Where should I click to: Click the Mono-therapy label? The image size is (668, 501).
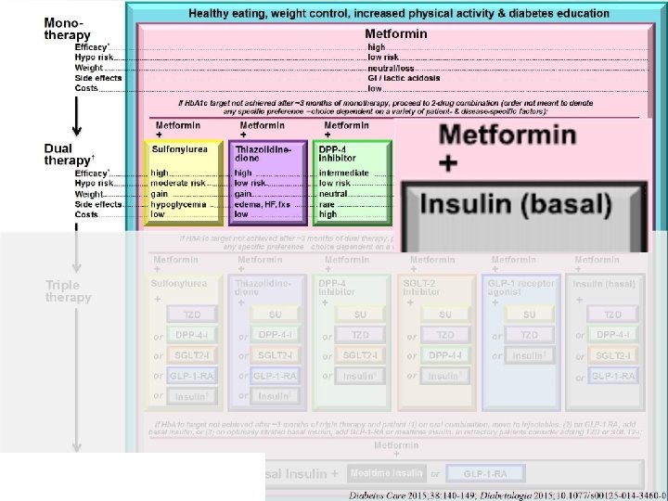tap(68, 29)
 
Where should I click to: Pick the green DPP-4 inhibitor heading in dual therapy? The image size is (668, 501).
tap(341, 152)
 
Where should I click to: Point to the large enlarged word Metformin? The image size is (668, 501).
tap(507, 135)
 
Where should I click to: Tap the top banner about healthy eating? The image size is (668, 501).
tap(399, 14)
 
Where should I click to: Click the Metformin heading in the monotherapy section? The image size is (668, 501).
tap(396, 34)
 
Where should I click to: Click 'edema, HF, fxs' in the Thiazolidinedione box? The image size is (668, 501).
tap(263, 203)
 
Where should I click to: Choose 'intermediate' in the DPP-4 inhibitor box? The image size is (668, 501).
tap(344, 173)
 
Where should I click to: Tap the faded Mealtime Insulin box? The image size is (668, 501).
tap(387, 473)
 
